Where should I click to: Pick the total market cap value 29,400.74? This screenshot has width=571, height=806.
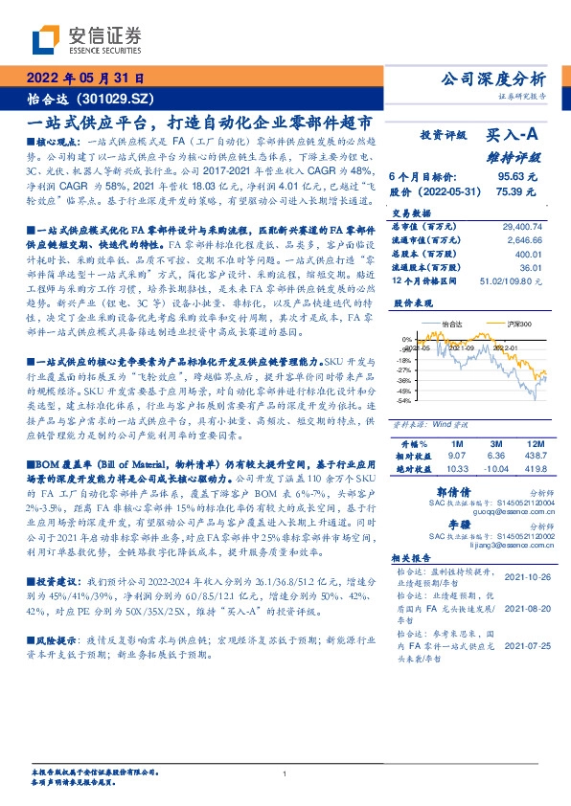tap(523, 227)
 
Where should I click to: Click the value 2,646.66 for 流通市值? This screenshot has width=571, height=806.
tap(526, 240)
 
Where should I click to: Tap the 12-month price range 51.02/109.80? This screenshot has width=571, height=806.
tap(518, 280)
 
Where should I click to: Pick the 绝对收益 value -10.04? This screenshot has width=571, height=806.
tap(495, 469)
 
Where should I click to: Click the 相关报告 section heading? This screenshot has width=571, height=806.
tap(415, 556)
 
